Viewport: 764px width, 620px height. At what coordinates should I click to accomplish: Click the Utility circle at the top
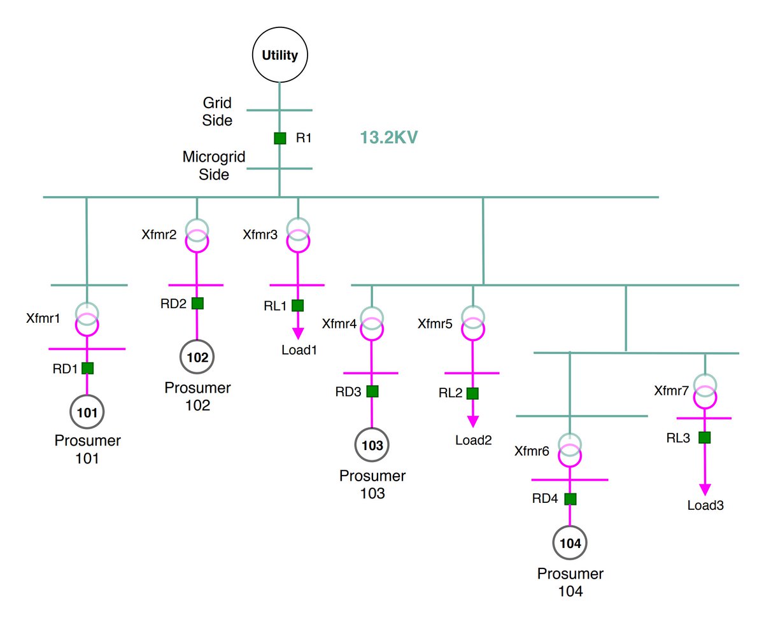point(279,55)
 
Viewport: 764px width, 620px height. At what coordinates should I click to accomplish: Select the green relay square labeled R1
point(279,138)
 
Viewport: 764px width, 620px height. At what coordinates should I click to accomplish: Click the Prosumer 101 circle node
point(87,412)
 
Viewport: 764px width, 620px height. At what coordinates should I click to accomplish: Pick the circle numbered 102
point(197,357)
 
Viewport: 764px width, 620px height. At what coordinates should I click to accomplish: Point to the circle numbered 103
point(372,446)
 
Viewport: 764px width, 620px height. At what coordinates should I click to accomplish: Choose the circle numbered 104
point(569,544)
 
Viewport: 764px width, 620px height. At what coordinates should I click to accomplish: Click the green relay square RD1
point(88,367)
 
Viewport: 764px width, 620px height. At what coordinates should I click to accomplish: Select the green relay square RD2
point(197,304)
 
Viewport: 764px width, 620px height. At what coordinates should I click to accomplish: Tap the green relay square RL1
point(297,305)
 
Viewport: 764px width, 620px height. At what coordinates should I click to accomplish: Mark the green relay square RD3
point(372,391)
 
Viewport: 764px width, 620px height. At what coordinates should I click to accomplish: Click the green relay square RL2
point(472,393)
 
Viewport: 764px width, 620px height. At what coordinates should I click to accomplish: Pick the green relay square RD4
point(570,498)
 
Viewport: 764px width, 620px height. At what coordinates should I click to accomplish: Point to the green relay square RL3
point(704,437)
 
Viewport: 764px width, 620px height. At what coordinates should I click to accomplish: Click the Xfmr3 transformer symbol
point(297,235)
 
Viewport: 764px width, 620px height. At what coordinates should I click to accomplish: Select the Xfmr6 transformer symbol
point(569,449)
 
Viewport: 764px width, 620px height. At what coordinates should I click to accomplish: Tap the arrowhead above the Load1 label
point(297,335)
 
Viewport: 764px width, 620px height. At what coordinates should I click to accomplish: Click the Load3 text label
point(705,506)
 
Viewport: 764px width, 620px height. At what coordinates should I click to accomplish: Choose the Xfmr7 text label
point(671,390)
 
